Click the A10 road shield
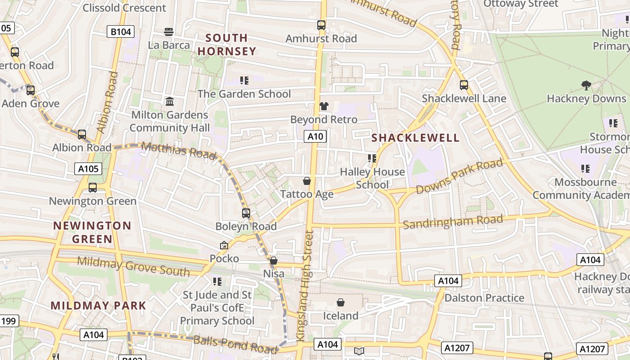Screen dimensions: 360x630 [x=315, y=136]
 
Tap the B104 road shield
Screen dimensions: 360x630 [x=121, y=32]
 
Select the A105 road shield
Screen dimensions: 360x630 [x=88, y=169]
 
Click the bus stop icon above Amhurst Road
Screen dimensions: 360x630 [x=321, y=25]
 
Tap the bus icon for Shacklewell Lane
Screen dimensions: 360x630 [x=464, y=85]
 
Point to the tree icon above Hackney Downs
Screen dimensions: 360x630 [x=586, y=85]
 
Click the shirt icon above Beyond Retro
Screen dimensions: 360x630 [x=324, y=106]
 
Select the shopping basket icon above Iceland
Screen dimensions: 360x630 [x=341, y=302]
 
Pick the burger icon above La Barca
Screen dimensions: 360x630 [x=169, y=32]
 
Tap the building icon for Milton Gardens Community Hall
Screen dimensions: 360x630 [x=170, y=102]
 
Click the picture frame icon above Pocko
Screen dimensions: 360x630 [x=224, y=245]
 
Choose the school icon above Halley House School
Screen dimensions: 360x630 [x=372, y=158]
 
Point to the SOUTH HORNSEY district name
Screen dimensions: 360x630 [x=227, y=45]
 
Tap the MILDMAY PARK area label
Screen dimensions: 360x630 [x=99, y=306]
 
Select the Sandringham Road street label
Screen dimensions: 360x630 [x=453, y=222]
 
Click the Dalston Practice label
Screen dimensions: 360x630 [x=484, y=298]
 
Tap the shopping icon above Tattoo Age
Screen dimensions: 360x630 [x=307, y=181]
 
